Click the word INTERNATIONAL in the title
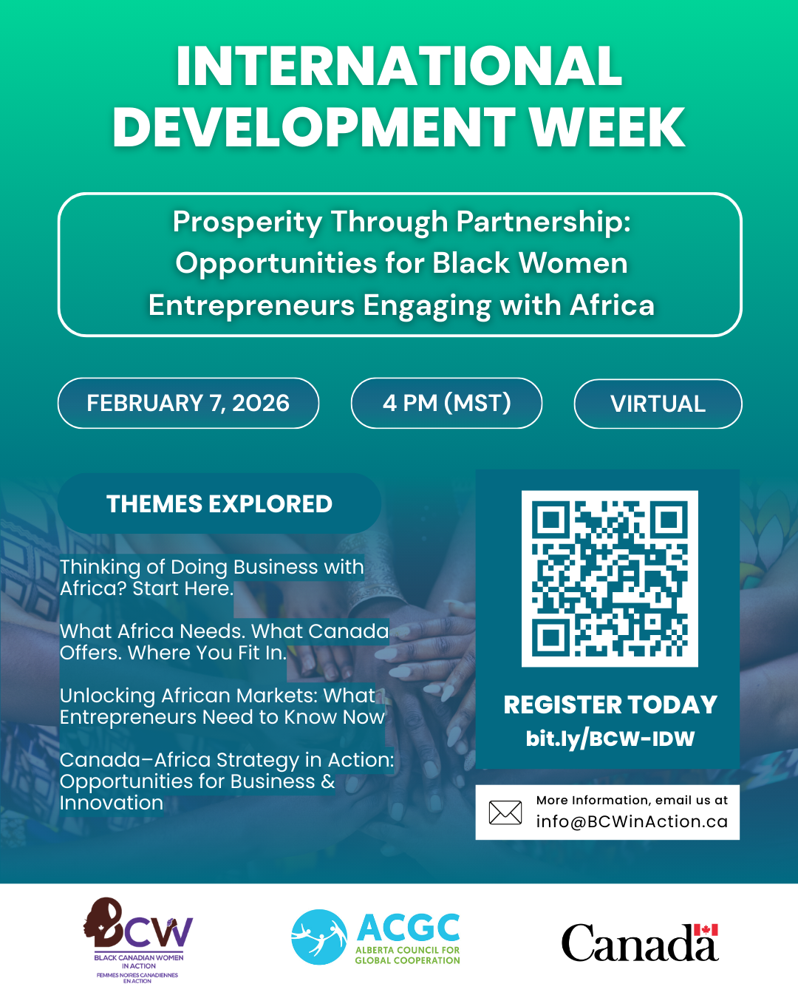tap(399, 67)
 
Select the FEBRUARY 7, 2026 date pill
tap(188, 403)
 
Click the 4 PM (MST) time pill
tap(446, 403)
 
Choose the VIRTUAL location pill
tap(658, 404)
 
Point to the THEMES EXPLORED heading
tap(219, 504)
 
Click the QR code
tap(610, 579)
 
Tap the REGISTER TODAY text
tap(610, 705)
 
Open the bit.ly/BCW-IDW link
tap(610, 739)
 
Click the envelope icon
tap(505, 812)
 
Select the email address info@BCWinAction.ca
tap(632, 821)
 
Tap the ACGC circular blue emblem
tap(319, 937)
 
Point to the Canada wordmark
tap(639, 943)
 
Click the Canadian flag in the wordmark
tap(706, 930)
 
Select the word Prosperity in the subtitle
tap(247, 222)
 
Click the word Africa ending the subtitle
tap(613, 305)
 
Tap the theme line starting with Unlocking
tap(222, 706)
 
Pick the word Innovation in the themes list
tap(112, 803)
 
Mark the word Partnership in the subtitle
tap(543, 222)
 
